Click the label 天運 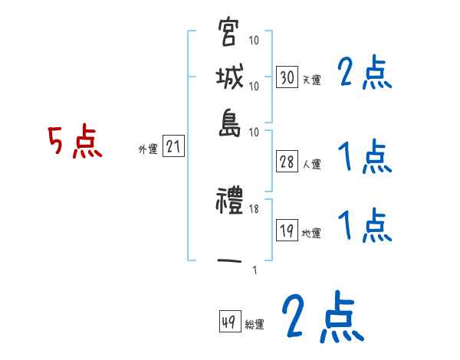click(311, 80)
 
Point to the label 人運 click(311, 164)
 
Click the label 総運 click(255, 325)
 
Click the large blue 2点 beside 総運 click(321, 318)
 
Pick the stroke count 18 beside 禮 click(255, 209)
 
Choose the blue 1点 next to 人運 click(364, 159)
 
